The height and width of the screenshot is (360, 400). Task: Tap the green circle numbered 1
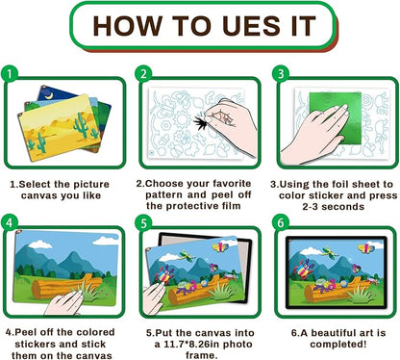pyautogui.click(x=10, y=74)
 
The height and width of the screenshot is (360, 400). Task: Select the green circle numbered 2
pyautogui.click(x=143, y=74)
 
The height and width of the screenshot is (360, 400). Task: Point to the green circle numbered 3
pyautogui.click(x=281, y=74)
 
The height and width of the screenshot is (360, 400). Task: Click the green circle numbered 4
pyautogui.click(x=10, y=222)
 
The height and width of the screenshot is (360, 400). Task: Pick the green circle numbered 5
pyautogui.click(x=143, y=222)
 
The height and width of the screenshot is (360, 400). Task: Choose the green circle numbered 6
pyautogui.click(x=281, y=222)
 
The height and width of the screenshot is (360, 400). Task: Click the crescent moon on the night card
pyautogui.click(x=49, y=95)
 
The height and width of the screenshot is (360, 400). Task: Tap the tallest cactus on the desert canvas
pyautogui.click(x=81, y=125)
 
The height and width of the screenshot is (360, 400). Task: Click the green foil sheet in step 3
pyautogui.click(x=335, y=118)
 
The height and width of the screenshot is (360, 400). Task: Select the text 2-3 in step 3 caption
pyautogui.click(x=311, y=207)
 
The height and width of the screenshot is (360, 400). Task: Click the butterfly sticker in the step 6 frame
pyautogui.click(x=365, y=248)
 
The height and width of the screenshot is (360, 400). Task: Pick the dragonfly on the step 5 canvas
pyautogui.click(x=186, y=255)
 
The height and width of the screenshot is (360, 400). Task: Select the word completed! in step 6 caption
pyautogui.click(x=337, y=345)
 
